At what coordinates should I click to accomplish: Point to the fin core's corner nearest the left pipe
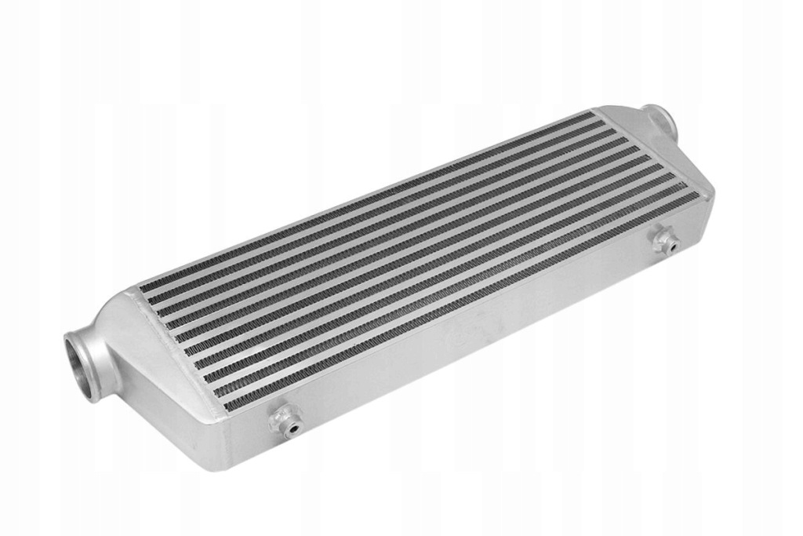tap(140, 287)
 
